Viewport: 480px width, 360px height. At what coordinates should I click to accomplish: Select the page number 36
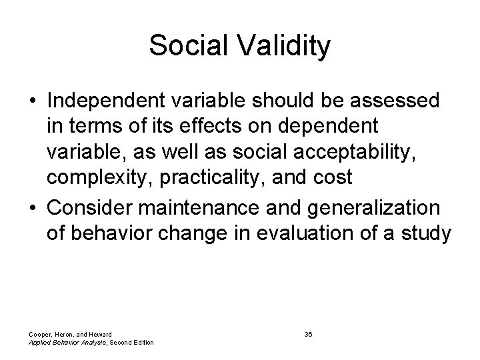(x=308, y=334)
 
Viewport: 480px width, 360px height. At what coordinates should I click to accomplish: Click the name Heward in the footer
(x=99, y=334)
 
